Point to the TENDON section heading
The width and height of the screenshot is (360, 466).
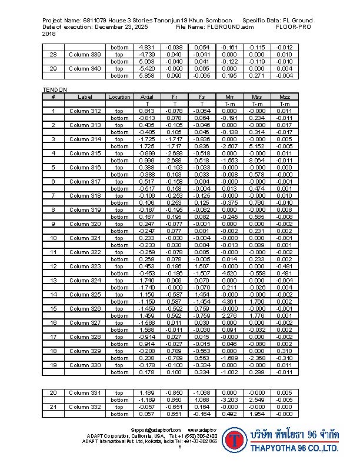click(55, 89)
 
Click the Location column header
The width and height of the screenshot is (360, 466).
click(119, 96)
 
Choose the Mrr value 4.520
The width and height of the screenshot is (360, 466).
click(229, 273)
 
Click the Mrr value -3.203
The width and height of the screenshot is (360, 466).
click(229, 400)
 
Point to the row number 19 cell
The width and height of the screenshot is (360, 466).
click(53, 365)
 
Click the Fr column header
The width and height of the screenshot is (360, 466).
click(175, 96)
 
